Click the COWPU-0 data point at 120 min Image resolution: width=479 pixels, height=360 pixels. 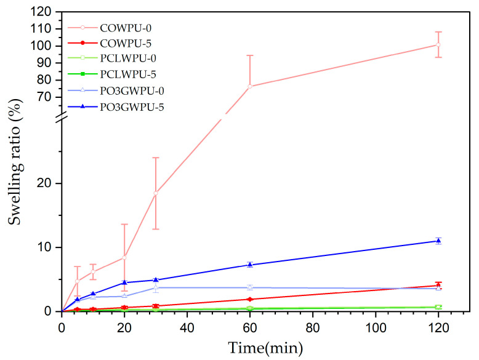[438, 44]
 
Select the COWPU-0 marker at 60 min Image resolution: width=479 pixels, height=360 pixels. [250, 86]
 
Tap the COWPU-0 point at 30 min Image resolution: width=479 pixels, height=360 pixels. [156, 193]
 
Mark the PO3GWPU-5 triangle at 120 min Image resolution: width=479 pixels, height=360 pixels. [438, 241]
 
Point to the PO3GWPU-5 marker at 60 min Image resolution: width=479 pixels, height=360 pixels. [250, 265]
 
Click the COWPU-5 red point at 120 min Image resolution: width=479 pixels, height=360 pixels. [438, 285]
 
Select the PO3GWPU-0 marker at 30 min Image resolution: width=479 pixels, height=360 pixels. [156, 287]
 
